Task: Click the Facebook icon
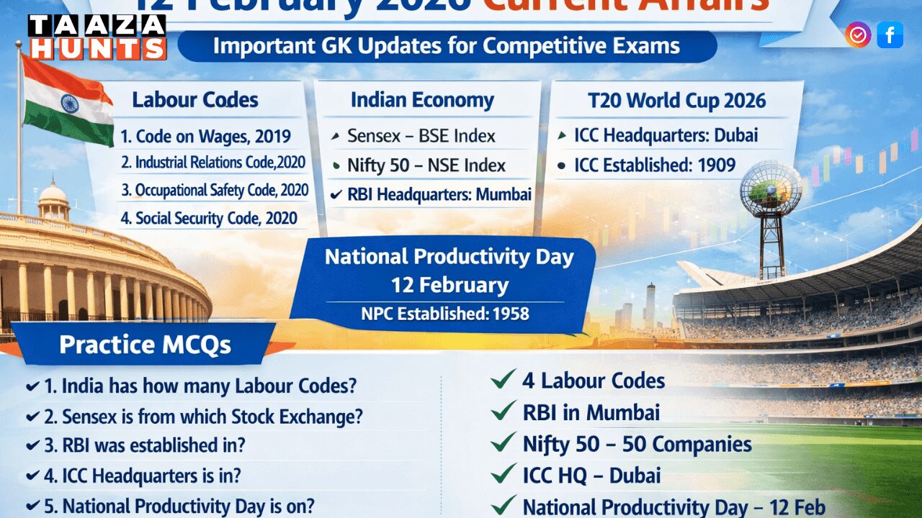coord(890,35)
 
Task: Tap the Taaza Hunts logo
coord(97,37)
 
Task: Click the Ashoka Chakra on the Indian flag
coord(69,103)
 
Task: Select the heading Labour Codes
coord(194,100)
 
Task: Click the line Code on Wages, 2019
coord(205,136)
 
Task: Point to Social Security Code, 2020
coord(208,218)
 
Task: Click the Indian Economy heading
coord(422,101)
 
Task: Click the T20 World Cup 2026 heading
coord(676,101)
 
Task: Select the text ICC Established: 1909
coord(654,165)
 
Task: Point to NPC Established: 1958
coord(445,314)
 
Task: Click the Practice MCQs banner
coord(145,345)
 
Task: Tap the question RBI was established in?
coord(144,445)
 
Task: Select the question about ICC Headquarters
coord(142,476)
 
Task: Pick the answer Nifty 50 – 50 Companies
coord(637,445)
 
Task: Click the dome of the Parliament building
coord(53,194)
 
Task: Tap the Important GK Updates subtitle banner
coord(447,47)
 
